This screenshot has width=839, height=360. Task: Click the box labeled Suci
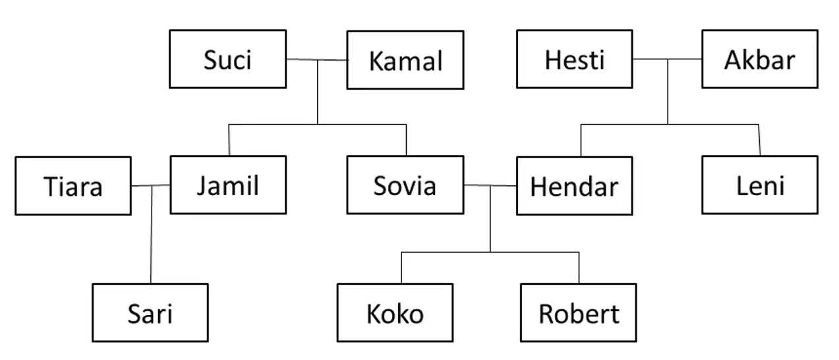tap(228, 59)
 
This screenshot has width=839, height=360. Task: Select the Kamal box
tap(405, 60)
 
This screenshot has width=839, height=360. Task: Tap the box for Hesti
tap(575, 59)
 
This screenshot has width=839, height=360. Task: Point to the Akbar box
tap(760, 59)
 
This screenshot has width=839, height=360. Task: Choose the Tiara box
tap(73, 186)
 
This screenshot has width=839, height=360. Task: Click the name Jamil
tap(228, 185)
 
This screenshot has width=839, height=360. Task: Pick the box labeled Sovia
tap(405, 185)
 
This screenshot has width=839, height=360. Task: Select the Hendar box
tap(575, 186)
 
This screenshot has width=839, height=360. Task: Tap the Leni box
tap(760, 185)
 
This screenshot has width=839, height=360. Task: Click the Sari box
tap(150, 313)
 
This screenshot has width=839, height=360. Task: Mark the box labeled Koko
tap(395, 313)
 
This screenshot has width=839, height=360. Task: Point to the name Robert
tap(579, 314)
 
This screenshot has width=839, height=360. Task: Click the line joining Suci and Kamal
tap(317, 59)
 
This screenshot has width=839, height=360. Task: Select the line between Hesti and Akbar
tap(668, 59)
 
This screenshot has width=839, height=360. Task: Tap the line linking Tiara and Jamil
tap(151, 185)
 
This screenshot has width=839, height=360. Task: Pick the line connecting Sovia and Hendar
tap(490, 185)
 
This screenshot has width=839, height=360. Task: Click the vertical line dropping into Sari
tap(152, 235)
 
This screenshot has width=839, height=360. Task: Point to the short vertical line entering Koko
tap(401, 268)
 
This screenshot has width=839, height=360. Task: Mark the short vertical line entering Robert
tap(579, 268)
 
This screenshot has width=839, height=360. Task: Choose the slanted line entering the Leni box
tap(760, 140)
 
